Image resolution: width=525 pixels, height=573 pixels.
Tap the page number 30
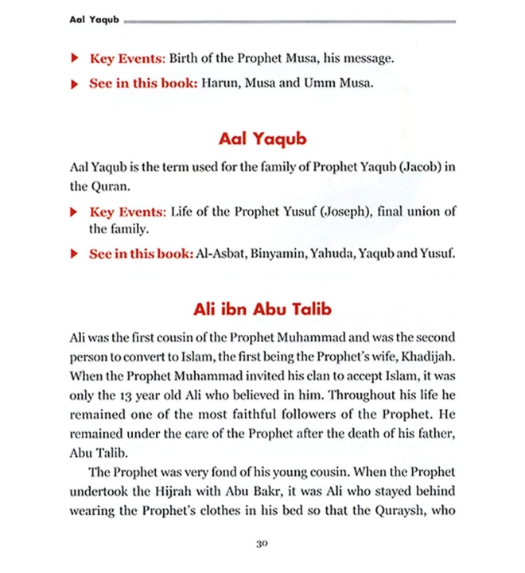262,544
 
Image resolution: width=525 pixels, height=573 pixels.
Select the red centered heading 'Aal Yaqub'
262,139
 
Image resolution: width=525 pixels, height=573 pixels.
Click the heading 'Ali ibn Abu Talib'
262,309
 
